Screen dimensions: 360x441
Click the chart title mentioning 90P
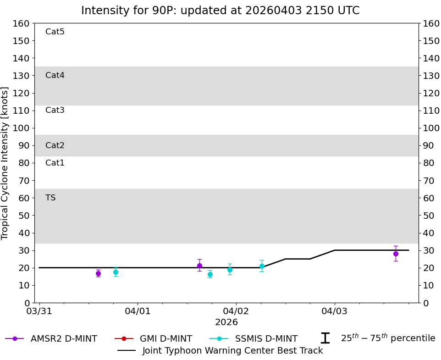pos(220,11)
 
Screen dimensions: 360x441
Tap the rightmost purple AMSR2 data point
pos(396,254)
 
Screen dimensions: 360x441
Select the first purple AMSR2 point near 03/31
pos(98,273)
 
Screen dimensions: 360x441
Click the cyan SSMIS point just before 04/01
pos(116,272)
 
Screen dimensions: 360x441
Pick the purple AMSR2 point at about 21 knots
pos(199,266)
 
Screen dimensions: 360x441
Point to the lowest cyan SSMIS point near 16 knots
pos(210,274)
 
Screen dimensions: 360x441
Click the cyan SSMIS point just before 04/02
pos(230,270)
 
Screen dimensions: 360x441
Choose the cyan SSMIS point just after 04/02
pos(262,266)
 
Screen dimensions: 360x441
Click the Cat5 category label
pos(55,32)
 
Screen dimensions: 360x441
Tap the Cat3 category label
pos(55,110)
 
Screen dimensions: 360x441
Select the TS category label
pos(50,198)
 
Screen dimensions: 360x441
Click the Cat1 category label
pos(55,163)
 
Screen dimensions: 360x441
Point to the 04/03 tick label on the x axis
pos(334,311)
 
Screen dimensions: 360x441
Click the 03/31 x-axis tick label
pos(39,311)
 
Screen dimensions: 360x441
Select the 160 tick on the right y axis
pos(431,23)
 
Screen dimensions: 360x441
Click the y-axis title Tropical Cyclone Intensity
pos(6,163)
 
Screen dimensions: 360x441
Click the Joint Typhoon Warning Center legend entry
pos(220,351)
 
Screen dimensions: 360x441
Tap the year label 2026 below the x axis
pos(226,322)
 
